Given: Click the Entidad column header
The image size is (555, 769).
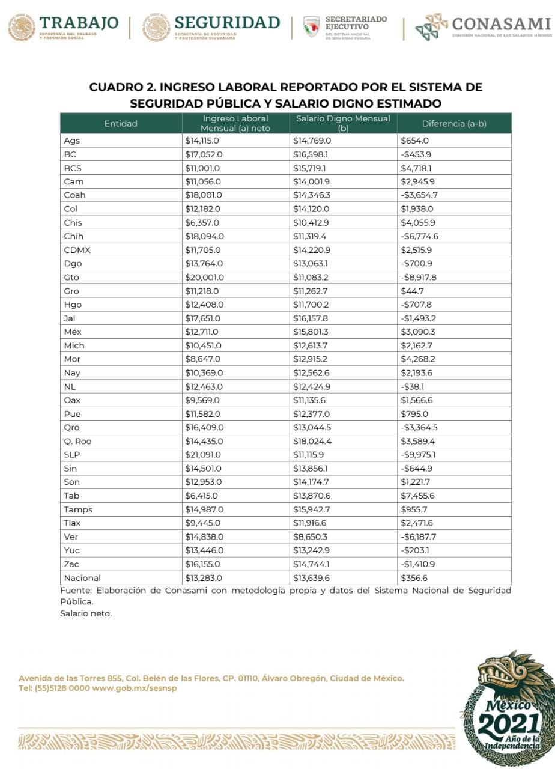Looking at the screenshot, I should pyautogui.click(x=121, y=123).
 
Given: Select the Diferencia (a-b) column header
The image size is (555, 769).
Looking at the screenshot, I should pyautogui.click(x=454, y=123).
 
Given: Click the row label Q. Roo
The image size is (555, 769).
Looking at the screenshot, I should pyautogui.click(x=77, y=441).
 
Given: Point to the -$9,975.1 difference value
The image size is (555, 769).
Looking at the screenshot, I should pyautogui.click(x=419, y=455).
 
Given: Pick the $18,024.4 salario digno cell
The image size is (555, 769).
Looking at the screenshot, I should pyautogui.click(x=311, y=441).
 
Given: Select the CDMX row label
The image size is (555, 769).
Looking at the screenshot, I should pyautogui.click(x=77, y=250).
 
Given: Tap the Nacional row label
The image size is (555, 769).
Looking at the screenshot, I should pyautogui.click(x=82, y=578).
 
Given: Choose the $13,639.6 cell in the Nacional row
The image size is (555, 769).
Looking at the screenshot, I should pyautogui.click(x=312, y=578).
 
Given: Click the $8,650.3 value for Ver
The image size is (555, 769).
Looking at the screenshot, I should pyautogui.click(x=310, y=536).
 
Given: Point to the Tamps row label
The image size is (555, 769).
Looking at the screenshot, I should pyautogui.click(x=78, y=509).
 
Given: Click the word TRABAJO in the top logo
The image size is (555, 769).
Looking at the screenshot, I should pyautogui.click(x=79, y=23).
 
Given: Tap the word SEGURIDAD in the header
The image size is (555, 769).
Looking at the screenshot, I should pyautogui.click(x=227, y=23).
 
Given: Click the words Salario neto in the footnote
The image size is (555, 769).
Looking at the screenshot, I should pyautogui.click(x=86, y=613).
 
